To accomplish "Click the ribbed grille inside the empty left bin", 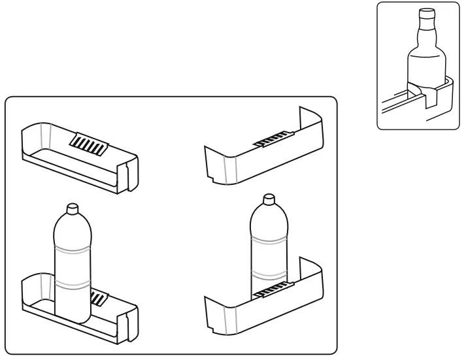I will pos(88,142).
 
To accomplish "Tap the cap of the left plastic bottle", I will pos(73,207).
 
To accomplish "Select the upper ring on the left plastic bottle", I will pos(73,249).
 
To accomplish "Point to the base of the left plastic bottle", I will pos(73,319).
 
